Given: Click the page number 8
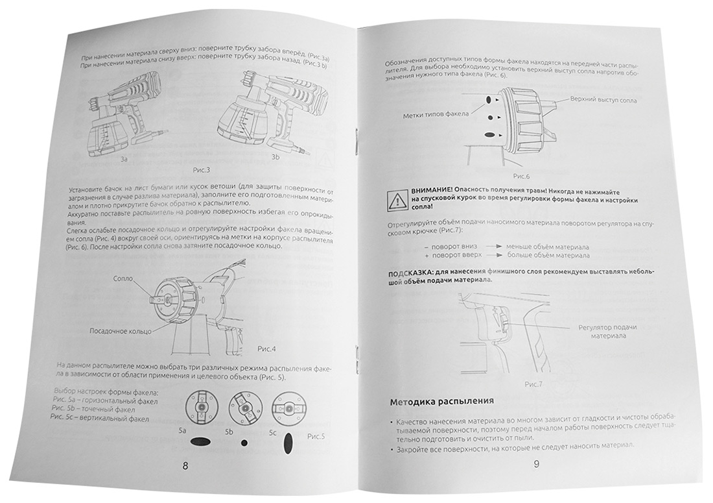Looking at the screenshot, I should (186, 465).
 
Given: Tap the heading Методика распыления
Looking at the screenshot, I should (442, 402).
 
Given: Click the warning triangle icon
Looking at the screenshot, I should (395, 199).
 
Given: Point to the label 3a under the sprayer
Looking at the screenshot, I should (124, 158).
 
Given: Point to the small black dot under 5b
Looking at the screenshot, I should (244, 443).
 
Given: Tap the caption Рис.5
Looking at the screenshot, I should (317, 436).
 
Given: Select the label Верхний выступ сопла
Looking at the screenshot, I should (603, 101).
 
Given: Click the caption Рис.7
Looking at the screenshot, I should (533, 385).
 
